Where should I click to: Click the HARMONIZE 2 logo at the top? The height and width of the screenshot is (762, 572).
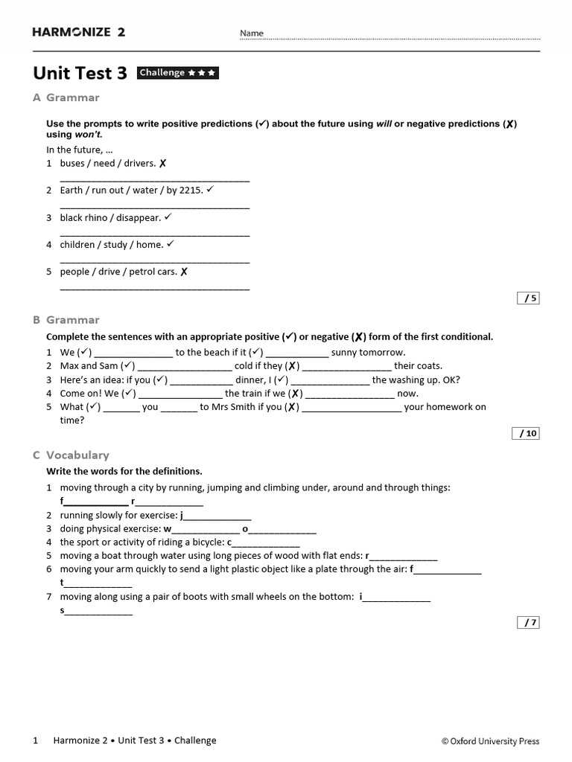tap(79, 32)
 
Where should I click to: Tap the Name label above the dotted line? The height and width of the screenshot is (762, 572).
tap(251, 33)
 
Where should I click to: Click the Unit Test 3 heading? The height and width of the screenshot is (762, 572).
tap(80, 74)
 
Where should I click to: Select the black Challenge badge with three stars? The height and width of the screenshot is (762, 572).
tap(178, 73)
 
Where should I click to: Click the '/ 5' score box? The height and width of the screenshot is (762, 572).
tap(528, 298)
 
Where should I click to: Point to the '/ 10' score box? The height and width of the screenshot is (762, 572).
tap(526, 434)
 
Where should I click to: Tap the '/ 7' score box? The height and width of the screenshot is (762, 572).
tap(528, 623)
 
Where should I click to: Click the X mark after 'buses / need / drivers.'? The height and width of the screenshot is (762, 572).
tap(163, 164)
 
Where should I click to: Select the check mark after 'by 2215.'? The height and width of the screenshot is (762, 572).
tap(210, 190)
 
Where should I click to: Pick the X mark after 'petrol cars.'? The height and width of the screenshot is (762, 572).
tap(184, 272)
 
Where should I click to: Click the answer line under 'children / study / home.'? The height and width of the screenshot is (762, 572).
tap(154, 261)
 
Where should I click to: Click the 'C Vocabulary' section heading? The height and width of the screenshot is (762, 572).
tap(71, 455)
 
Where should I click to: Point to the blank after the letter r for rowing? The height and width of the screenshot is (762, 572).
tap(404, 557)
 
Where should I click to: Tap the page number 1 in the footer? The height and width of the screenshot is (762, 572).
tap(36, 740)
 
